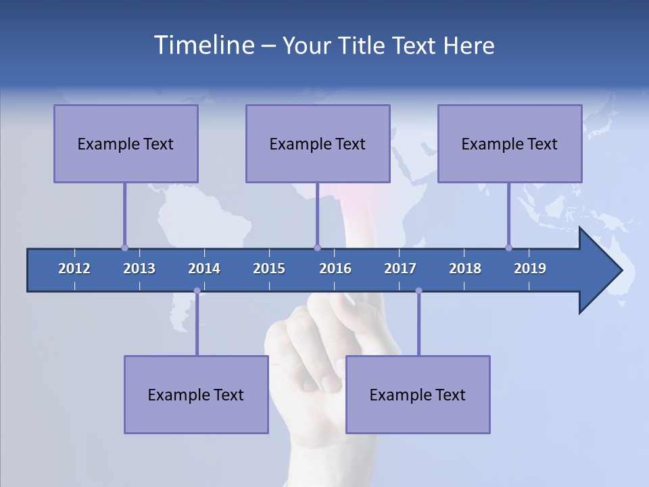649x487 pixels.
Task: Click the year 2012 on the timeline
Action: pos(74,269)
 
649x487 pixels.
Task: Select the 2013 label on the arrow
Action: pos(139,269)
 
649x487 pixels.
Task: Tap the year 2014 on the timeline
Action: pos(204,269)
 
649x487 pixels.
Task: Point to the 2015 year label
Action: pos(269,269)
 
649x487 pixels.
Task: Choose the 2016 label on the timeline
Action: pos(335,269)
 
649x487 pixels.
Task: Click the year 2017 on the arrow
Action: pos(400,269)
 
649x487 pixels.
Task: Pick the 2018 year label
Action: pos(465,269)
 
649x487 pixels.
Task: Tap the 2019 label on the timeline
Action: pos(530,269)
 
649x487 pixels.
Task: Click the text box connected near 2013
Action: pos(126,143)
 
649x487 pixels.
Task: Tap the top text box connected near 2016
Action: pos(318,143)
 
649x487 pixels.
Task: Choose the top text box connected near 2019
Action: pos(510,143)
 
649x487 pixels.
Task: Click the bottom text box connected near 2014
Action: pos(196,394)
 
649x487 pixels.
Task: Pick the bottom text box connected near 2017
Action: pos(418,394)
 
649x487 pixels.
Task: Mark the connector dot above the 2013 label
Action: pos(124,248)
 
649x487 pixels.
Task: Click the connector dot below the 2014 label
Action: pos(197,291)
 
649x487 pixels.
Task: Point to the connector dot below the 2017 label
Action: pos(418,291)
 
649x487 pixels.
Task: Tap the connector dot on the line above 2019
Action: pos(508,248)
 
